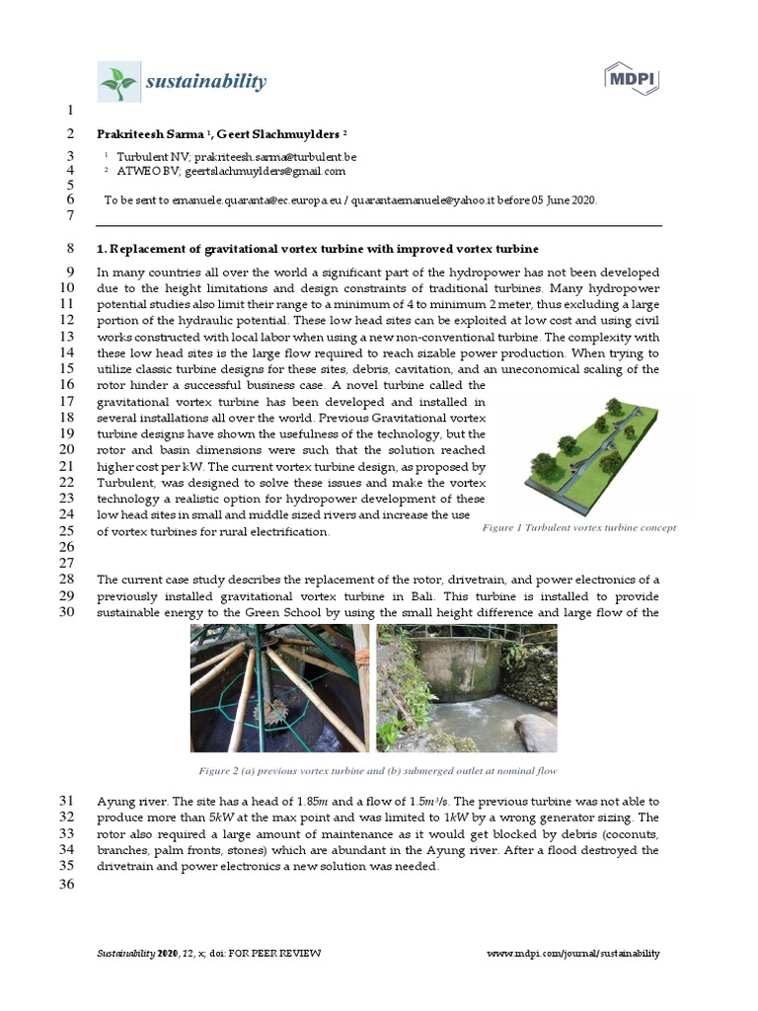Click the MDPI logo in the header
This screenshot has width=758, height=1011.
[x=632, y=80]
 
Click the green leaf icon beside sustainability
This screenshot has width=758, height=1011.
[x=119, y=82]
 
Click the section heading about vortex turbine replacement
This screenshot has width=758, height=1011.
[x=318, y=248]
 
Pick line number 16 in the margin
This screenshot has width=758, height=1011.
[x=67, y=384]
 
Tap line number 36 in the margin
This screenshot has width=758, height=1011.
[x=67, y=884]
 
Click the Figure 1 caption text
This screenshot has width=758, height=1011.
[x=578, y=528]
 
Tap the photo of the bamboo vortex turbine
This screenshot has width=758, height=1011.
[x=279, y=687]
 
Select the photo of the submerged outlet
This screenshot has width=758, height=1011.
[x=467, y=687]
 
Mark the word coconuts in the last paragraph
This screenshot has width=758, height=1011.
[x=626, y=834]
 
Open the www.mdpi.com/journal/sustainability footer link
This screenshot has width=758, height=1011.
[x=573, y=953]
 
